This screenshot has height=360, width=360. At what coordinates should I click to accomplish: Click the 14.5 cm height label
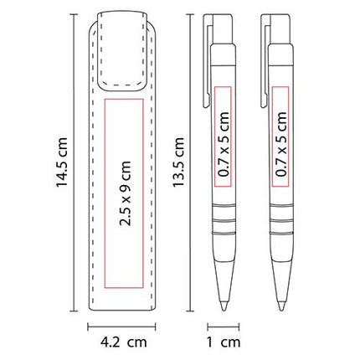pyautogui.click(x=62, y=162)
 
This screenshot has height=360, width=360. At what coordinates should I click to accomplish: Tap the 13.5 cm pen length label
pyautogui.click(x=178, y=162)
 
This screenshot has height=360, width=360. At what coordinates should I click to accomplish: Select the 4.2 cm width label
pyautogui.click(x=124, y=342)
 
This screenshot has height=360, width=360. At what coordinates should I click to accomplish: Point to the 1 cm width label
pyautogui.click(x=224, y=342)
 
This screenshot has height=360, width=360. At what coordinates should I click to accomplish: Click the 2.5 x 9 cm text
pyautogui.click(x=125, y=193)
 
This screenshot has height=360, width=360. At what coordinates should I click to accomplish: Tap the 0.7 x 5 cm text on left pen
pyautogui.click(x=224, y=144)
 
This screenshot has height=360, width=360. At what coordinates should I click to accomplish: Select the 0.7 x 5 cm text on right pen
pyautogui.click(x=281, y=144)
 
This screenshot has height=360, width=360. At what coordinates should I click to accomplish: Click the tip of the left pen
pyautogui.click(x=224, y=311)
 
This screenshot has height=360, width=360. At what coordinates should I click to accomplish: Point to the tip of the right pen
pyautogui.click(x=281, y=311)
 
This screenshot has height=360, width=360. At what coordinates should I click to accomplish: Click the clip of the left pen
pyautogui.click(x=207, y=61)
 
